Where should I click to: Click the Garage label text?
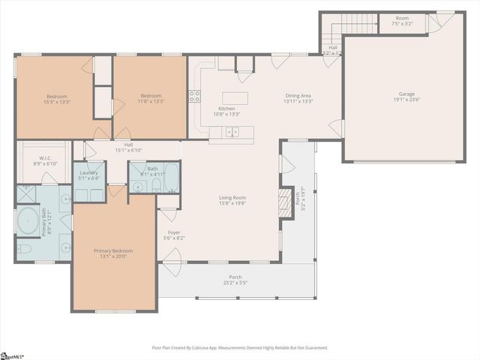point(406,94)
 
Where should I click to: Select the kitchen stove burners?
point(194,96)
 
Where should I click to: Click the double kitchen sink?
point(232,133)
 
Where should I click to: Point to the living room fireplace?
point(284,203)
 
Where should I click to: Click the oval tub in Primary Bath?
point(28,221)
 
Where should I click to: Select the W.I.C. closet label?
point(45,158)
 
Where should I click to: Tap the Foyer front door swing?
point(171,259)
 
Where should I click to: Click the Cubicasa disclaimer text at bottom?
point(240,347)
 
